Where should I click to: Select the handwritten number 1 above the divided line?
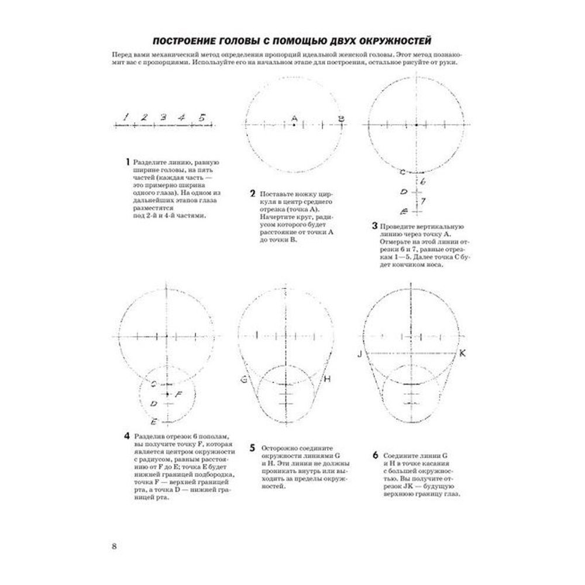126,116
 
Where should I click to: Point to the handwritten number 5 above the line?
202,116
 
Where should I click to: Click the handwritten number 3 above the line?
164,116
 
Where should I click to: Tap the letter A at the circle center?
294,118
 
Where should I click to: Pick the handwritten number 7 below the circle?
423,201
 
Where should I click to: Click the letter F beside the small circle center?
179,394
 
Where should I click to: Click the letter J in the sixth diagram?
361,354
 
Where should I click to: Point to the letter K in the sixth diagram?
462,353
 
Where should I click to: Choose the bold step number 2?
252,194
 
